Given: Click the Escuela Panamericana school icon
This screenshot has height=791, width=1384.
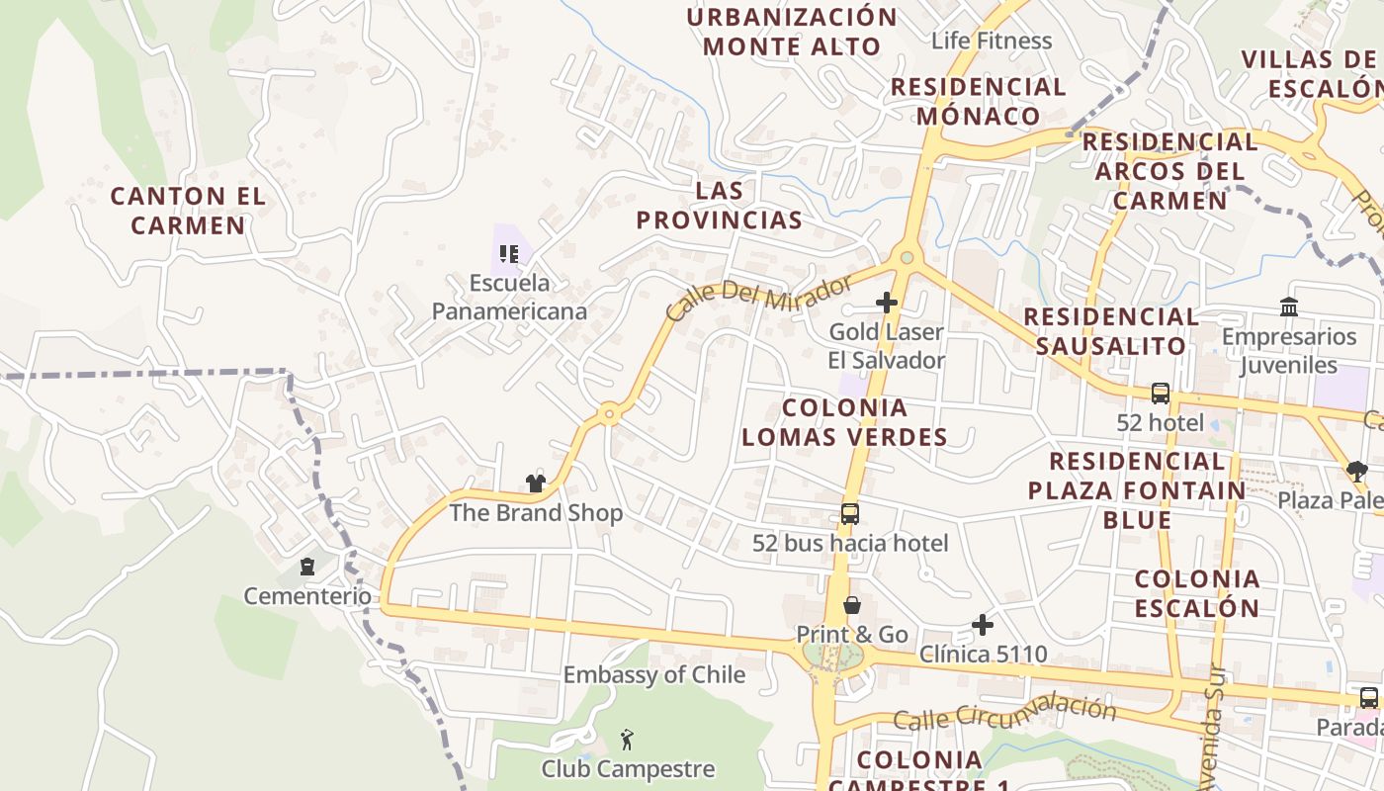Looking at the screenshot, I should pyautogui.click(x=509, y=255).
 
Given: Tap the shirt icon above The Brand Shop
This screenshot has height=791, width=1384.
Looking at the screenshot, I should pyautogui.click(x=536, y=483).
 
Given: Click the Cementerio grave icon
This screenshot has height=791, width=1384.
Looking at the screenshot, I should pyautogui.click(x=307, y=568).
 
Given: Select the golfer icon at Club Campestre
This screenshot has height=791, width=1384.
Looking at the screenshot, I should pyautogui.click(x=627, y=739).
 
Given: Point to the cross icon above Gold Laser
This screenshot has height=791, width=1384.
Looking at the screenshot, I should pyautogui.click(x=887, y=303).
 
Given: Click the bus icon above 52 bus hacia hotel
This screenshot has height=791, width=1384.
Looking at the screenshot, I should pyautogui.click(x=850, y=514).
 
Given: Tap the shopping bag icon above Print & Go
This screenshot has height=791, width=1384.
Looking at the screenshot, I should pyautogui.click(x=852, y=605).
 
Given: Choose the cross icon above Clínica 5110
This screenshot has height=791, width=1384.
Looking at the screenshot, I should pyautogui.click(x=983, y=625).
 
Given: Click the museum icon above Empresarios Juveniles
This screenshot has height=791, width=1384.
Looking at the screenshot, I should pyautogui.click(x=1289, y=308).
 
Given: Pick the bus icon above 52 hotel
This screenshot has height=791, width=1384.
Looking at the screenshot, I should pyautogui.click(x=1161, y=394).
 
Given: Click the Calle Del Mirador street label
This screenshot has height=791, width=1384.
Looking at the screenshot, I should pyautogui.click(x=758, y=298).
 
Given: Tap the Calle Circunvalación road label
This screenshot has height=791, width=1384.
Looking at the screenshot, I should pyautogui.click(x=1004, y=713).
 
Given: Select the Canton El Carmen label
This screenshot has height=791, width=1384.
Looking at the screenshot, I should pyautogui.click(x=188, y=211).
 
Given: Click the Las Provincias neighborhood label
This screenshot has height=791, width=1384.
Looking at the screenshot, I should pyautogui.click(x=719, y=205).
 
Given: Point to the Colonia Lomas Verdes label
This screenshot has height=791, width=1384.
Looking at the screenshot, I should pyautogui.click(x=844, y=422).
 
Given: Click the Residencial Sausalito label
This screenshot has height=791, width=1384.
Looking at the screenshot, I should pyautogui.click(x=1111, y=331).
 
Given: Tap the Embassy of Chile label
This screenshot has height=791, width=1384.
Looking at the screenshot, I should pyautogui.click(x=654, y=675).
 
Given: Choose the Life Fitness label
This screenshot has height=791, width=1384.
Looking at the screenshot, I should pyautogui.click(x=992, y=41).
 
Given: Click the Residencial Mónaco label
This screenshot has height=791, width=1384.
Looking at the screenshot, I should pyautogui.click(x=979, y=101).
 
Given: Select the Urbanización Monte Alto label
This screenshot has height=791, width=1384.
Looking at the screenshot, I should pyautogui.click(x=792, y=32).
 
